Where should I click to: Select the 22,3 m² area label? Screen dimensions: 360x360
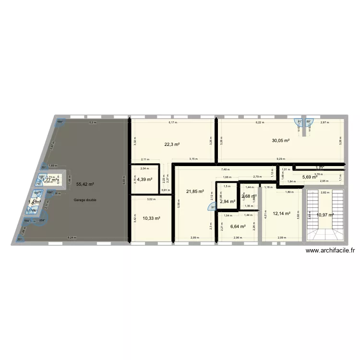[171, 144]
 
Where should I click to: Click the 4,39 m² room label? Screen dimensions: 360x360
[144, 180]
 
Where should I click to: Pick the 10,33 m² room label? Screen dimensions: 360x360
[151, 218]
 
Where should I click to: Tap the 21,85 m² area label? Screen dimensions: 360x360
[195, 192]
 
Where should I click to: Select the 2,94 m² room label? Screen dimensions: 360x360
[228, 202]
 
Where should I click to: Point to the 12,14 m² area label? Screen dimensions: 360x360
[281, 214]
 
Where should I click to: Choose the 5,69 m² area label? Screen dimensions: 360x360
[310, 177]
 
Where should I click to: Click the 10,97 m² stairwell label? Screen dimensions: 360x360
[325, 214]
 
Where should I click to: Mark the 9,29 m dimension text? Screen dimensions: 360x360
[279, 159]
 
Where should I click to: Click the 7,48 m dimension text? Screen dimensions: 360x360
[225, 169]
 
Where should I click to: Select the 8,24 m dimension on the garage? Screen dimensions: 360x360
[71, 238]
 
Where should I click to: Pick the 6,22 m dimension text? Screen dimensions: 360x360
[260, 123]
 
